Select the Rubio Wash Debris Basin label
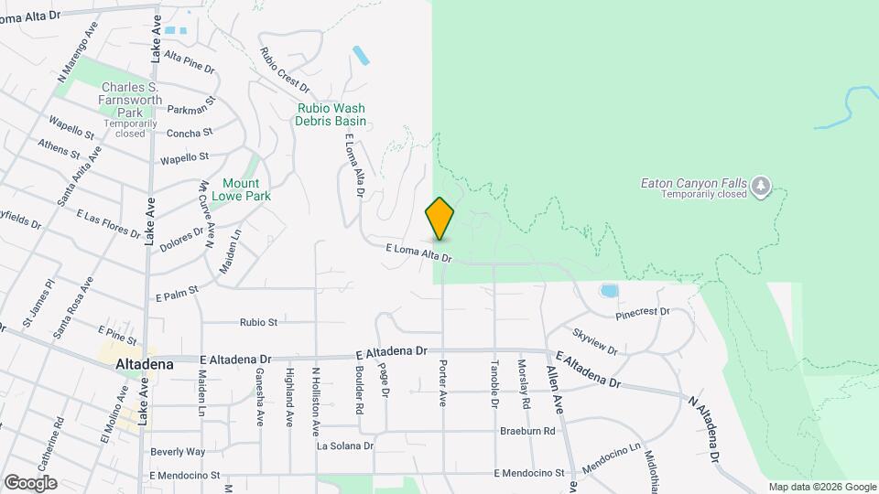[x=331, y=113]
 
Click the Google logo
[x=30, y=483]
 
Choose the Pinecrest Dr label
[x=643, y=312]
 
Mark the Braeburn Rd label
[x=527, y=431]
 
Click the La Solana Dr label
[x=345, y=446]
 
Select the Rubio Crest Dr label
[x=283, y=70]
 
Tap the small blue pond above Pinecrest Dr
[x=608, y=292]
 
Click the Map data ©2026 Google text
[x=821, y=487]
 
